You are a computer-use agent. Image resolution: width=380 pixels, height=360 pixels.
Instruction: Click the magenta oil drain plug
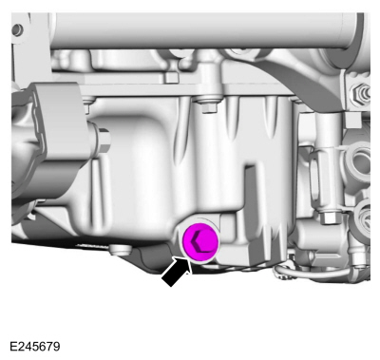tap(200, 242)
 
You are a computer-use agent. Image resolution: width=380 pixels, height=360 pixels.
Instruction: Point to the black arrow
tap(177, 272)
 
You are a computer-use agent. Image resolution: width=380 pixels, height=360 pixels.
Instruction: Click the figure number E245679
tap(35, 347)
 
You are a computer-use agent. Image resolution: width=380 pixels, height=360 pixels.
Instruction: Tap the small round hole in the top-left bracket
tap(17, 29)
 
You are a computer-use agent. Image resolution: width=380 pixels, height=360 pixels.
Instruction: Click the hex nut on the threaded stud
tap(361, 91)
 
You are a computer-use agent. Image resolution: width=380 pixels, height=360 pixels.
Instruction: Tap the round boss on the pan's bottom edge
tap(120, 250)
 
